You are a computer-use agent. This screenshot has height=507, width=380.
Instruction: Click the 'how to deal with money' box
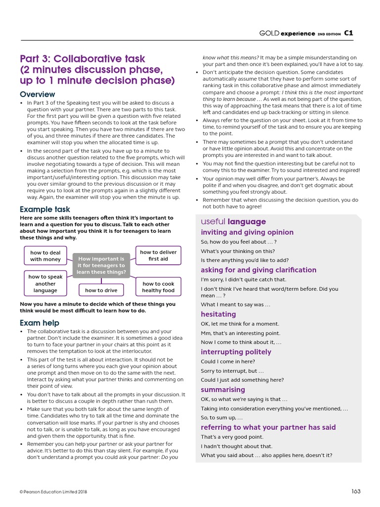46,256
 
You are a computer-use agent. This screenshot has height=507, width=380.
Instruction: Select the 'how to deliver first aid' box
158,255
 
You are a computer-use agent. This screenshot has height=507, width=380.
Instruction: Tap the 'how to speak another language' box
46,284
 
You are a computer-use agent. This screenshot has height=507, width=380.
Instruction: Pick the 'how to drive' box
101,291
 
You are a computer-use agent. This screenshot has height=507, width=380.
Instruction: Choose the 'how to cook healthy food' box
158,287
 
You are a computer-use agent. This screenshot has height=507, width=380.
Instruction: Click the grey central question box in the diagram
101,265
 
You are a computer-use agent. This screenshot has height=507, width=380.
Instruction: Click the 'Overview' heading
38,95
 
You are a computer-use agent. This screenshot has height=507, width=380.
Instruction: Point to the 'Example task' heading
45,209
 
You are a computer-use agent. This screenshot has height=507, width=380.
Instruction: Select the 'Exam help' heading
40,323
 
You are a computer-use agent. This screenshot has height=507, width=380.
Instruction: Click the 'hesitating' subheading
218,314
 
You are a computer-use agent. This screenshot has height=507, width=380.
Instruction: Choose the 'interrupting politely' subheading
236,352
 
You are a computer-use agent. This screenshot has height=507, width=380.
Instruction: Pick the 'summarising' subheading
223,390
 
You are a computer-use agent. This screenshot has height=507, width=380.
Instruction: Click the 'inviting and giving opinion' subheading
247,232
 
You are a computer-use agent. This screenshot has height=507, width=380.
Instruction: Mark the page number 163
356,491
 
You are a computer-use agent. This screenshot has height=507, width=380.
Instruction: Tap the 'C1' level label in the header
348,34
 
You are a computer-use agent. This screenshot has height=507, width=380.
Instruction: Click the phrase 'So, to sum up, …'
222,418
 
